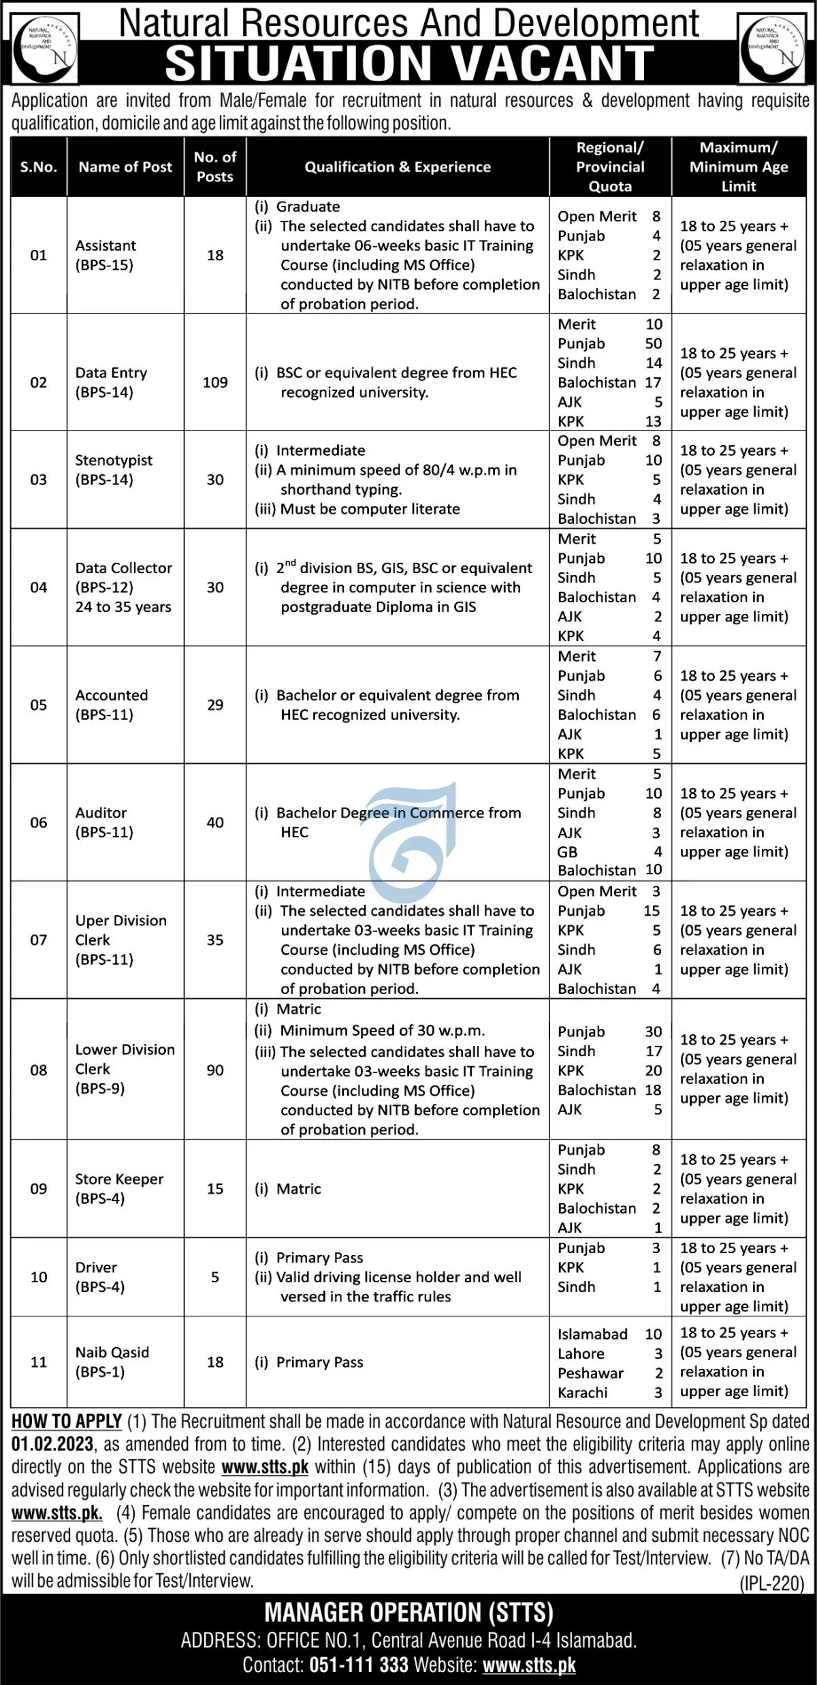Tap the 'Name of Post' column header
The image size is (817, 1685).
click(x=125, y=167)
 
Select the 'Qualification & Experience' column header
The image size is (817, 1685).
click(x=398, y=167)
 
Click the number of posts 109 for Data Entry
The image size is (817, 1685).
click(x=215, y=383)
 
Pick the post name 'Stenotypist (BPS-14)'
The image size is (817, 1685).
click(x=114, y=470)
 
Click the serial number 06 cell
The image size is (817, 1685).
click(x=39, y=822)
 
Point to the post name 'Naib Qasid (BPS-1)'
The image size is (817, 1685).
click(x=112, y=1362)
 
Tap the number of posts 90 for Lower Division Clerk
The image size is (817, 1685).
click(x=215, y=1070)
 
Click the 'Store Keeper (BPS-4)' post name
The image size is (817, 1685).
click(x=119, y=1188)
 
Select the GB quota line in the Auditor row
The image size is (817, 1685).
click(x=609, y=852)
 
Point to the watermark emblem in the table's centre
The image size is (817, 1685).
click(x=413, y=835)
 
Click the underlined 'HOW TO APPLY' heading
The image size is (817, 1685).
click(x=67, y=1422)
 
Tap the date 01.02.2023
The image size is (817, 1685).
click(x=52, y=1444)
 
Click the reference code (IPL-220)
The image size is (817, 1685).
click(x=772, y=1583)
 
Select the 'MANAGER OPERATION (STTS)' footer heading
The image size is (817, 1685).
click(x=408, y=1613)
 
